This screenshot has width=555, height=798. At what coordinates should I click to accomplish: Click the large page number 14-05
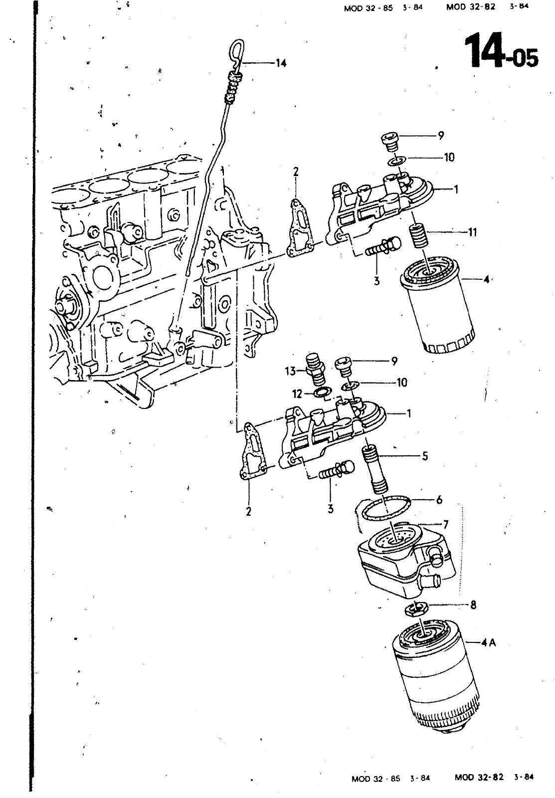502,50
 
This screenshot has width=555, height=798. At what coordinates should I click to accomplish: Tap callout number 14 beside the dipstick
281,63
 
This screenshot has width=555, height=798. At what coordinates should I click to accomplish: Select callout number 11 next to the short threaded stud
472,232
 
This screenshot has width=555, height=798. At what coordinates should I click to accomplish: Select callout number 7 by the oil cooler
446,524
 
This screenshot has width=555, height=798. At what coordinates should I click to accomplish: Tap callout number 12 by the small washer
297,394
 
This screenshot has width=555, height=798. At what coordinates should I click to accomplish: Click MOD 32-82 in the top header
471,7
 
